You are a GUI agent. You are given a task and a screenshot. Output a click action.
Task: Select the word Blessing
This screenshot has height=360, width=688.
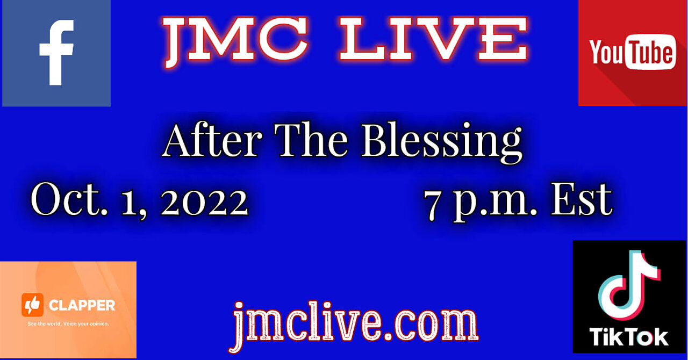click(x=441, y=142)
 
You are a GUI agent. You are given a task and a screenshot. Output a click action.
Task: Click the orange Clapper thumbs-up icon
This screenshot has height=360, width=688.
click(x=32, y=305)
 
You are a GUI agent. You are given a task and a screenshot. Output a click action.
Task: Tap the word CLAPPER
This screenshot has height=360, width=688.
click(x=82, y=306)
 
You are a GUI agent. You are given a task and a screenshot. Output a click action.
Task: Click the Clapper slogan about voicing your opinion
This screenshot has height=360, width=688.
click(x=68, y=324)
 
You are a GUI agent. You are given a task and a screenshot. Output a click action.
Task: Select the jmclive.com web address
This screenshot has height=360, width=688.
click(x=355, y=323)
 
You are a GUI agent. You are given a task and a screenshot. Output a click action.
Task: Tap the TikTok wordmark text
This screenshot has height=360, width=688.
click(x=629, y=337)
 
